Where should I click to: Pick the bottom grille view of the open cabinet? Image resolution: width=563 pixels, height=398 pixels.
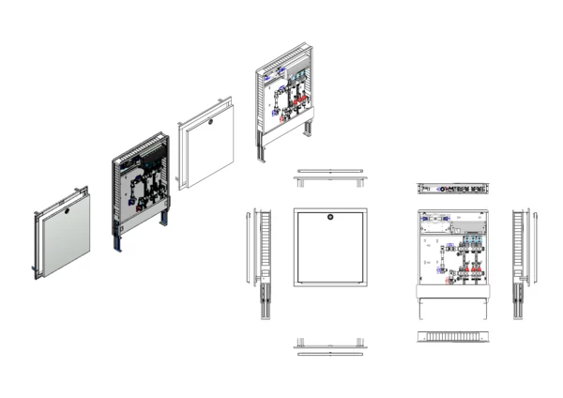coord(453,336)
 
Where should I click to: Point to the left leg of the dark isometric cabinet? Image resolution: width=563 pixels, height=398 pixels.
coord(117,239)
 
